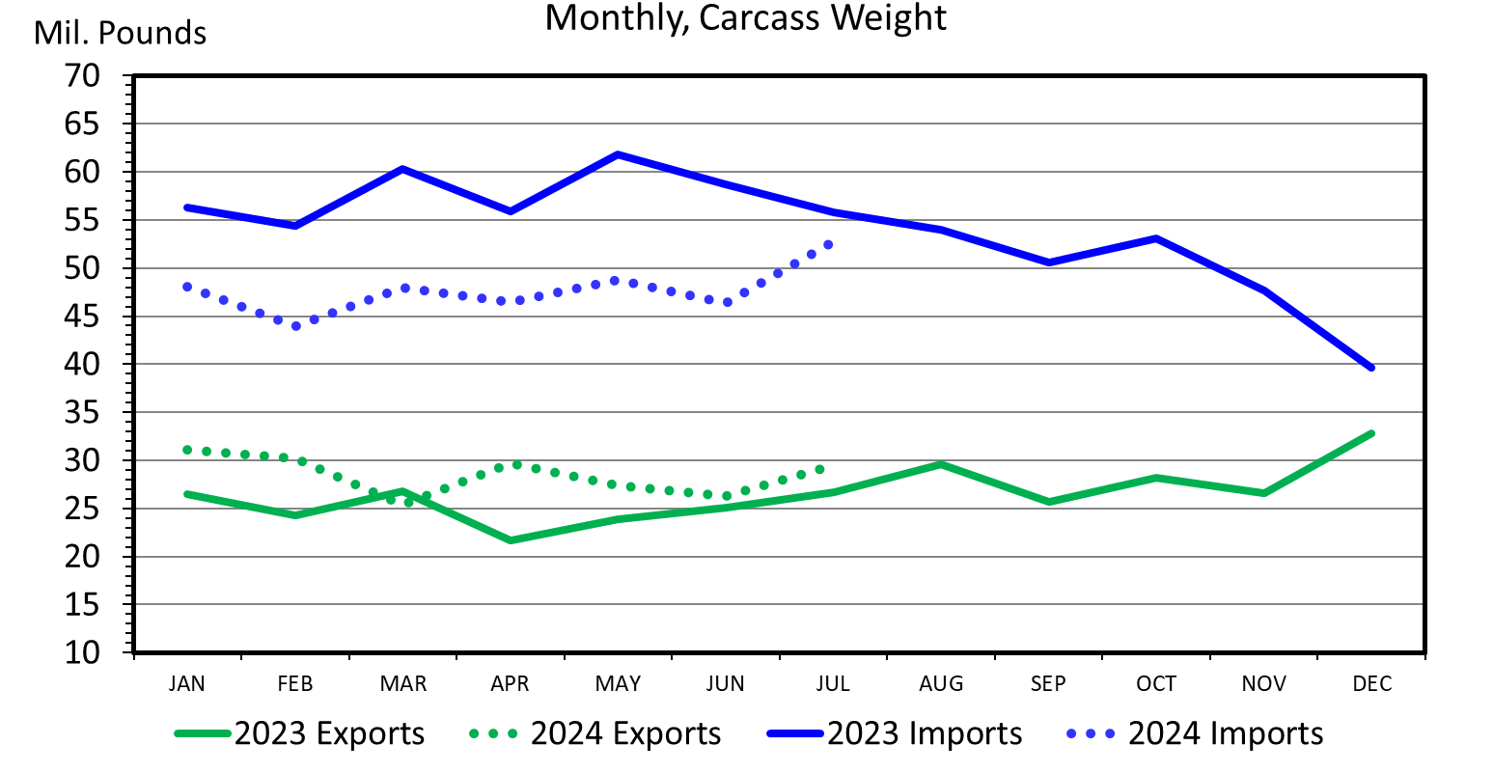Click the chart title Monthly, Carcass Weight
tap(745, 18)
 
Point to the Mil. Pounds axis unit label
tap(120, 34)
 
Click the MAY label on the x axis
tap(618, 684)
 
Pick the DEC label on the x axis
tap(1371, 684)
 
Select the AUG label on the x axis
tap(941, 684)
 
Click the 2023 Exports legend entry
tap(300, 733)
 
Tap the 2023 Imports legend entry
tap(896, 733)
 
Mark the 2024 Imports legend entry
tap(1196, 733)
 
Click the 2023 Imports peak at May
tap(618, 154)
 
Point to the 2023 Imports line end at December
tap(1371, 368)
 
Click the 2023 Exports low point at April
tap(511, 540)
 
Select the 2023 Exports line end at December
tap(1371, 433)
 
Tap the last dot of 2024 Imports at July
tap(828, 244)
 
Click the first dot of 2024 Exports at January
tap(187, 450)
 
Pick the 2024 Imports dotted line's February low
tap(296, 326)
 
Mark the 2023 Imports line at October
tap(1155, 238)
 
